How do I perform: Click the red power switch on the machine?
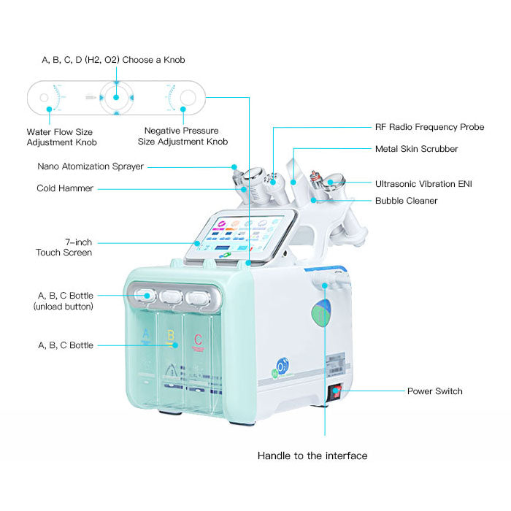pyautogui.click(x=336, y=393)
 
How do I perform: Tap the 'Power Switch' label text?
pyautogui.click(x=434, y=391)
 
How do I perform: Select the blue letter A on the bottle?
pyautogui.click(x=145, y=335)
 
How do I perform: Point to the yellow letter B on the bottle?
pyautogui.click(x=172, y=337)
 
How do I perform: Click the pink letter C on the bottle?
pyautogui.click(x=197, y=339)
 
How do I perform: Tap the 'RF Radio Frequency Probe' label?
pyautogui.click(x=429, y=127)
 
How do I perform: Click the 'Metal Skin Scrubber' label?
pyautogui.click(x=416, y=149)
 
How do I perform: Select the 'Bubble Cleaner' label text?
pyautogui.click(x=406, y=201)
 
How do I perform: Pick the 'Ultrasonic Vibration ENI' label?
pyautogui.click(x=423, y=184)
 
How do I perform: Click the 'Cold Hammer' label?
pyautogui.click(x=65, y=188)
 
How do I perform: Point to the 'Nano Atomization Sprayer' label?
pyautogui.click(x=91, y=166)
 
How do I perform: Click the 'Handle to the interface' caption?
pyautogui.click(x=312, y=456)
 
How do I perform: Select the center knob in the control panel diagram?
pyautogui.click(x=115, y=96)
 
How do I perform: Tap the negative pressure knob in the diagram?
pyautogui.click(x=187, y=96)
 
